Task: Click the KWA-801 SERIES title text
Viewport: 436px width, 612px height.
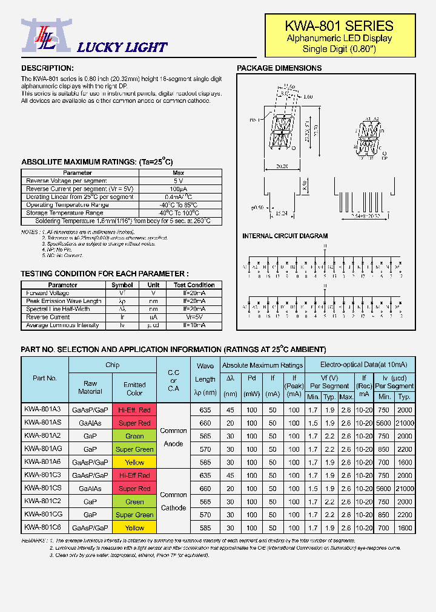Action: (340, 26)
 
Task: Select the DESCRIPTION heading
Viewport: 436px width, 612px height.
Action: (47, 68)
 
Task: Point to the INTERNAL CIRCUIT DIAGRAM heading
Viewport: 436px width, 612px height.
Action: (285, 236)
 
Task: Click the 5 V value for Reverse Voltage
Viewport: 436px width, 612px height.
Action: (178, 181)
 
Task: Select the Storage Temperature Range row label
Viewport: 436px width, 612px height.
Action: (64, 213)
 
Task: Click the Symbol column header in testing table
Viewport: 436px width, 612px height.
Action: (122, 285)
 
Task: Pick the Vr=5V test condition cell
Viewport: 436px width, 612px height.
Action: (194, 317)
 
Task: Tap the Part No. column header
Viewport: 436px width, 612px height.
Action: (45, 378)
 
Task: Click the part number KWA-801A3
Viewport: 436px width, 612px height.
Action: (42, 409)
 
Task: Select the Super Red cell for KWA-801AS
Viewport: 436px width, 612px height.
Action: (134, 423)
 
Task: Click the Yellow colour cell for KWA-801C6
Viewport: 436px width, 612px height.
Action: (134, 528)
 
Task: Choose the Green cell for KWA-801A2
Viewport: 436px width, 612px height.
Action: (134, 436)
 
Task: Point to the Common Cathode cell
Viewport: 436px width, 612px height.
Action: (173, 501)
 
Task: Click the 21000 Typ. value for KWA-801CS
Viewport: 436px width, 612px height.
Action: (404, 489)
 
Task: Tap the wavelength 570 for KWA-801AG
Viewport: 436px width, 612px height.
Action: (205, 449)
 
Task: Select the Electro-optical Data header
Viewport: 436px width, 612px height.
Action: (359, 365)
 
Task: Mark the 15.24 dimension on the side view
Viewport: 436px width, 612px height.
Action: (280, 213)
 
